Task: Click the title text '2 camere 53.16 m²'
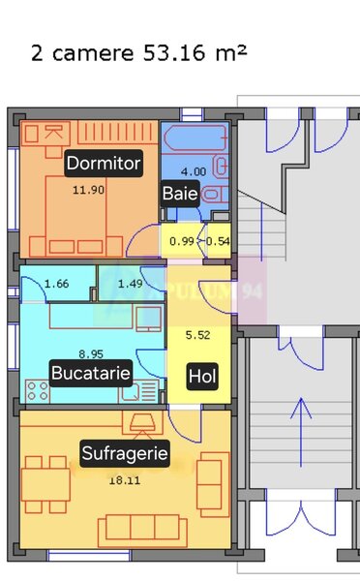[x=138, y=51]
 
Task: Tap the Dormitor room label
[x=104, y=163]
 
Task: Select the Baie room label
[x=180, y=194]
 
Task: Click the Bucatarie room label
[x=91, y=372]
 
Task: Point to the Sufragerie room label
[x=125, y=452]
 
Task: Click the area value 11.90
[x=88, y=190]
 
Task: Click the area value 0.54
[x=219, y=241]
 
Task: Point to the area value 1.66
[x=57, y=284]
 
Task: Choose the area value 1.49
[x=131, y=284]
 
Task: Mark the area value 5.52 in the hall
[x=197, y=335]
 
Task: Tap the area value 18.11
[x=122, y=479]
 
